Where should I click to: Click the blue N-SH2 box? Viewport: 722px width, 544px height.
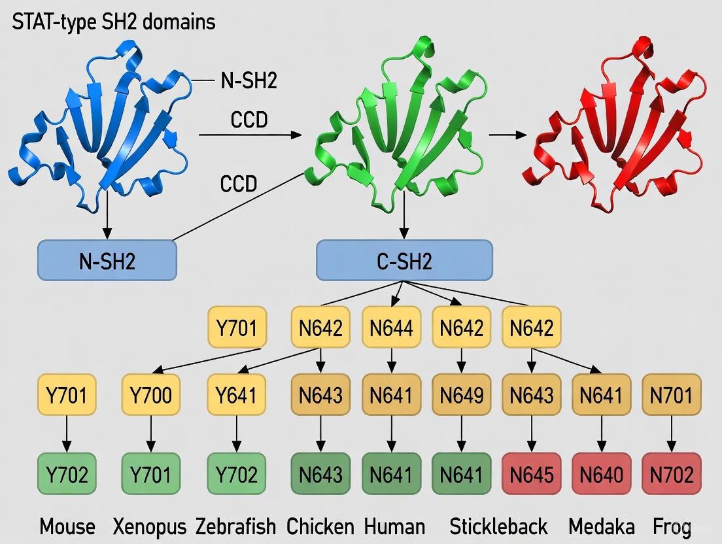point(107,261)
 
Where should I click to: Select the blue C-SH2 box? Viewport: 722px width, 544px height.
point(404,261)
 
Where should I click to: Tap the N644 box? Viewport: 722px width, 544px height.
point(391,328)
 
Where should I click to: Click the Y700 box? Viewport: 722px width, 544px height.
point(151,395)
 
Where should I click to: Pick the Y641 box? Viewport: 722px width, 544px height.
point(236,395)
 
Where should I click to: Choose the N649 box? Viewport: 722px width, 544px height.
point(462,395)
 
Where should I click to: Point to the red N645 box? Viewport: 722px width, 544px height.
point(531,475)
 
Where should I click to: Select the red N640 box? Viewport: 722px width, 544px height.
point(602,475)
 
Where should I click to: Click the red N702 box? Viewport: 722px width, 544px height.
point(672,475)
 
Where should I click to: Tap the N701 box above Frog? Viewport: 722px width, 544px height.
point(672,395)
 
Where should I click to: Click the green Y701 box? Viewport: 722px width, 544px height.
point(151,475)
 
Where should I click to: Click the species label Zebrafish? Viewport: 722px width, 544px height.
point(235,526)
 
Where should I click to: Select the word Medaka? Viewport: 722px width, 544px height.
point(601,526)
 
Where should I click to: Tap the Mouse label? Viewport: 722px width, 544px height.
point(67,526)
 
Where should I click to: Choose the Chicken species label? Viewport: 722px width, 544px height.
point(320,526)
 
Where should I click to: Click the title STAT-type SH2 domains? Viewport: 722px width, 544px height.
point(114,22)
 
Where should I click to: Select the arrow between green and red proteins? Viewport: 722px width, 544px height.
point(507,135)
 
